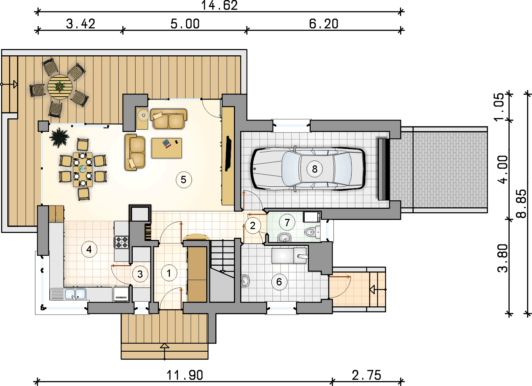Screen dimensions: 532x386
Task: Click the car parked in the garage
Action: pyautogui.click(x=308, y=169)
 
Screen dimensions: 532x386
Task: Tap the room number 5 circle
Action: pyautogui.click(x=184, y=180)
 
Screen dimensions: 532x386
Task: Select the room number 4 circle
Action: pyautogui.click(x=89, y=249)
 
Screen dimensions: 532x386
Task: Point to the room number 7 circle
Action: pyautogui.click(x=287, y=222)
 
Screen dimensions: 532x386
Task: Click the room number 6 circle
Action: pyautogui.click(x=279, y=282)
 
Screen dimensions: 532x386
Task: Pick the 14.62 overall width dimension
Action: pyautogui.click(x=219, y=6)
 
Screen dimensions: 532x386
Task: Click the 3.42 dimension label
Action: pyautogui.click(x=81, y=24)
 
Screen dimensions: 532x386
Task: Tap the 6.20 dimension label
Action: pyautogui.click(x=324, y=24)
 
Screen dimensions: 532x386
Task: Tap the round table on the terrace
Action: pyautogui.click(x=60, y=87)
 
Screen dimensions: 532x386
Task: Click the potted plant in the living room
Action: pyautogui.click(x=59, y=137)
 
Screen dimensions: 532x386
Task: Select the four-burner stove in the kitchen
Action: pyautogui.click(x=122, y=242)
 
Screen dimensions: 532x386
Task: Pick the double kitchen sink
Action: pyautogui.click(x=75, y=294)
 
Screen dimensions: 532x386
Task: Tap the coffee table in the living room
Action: pyautogui.click(x=167, y=148)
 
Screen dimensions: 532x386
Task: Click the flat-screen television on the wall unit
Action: pyautogui.click(x=228, y=153)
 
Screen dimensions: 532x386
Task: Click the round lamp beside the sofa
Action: pyautogui.click(x=143, y=115)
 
